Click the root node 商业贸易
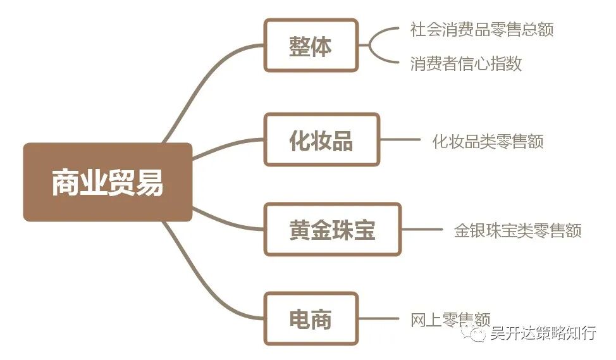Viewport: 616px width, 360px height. [108, 182]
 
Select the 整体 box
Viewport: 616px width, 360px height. [311, 46]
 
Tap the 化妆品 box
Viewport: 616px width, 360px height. [321, 140]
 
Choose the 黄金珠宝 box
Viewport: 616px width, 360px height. [332, 229]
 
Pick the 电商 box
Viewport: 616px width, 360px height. [311, 319]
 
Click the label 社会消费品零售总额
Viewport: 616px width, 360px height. [482, 30]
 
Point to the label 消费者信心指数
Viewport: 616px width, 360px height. [465, 63]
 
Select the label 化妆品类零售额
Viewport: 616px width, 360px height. [488, 140]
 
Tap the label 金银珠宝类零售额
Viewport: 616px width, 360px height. [517, 230]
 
